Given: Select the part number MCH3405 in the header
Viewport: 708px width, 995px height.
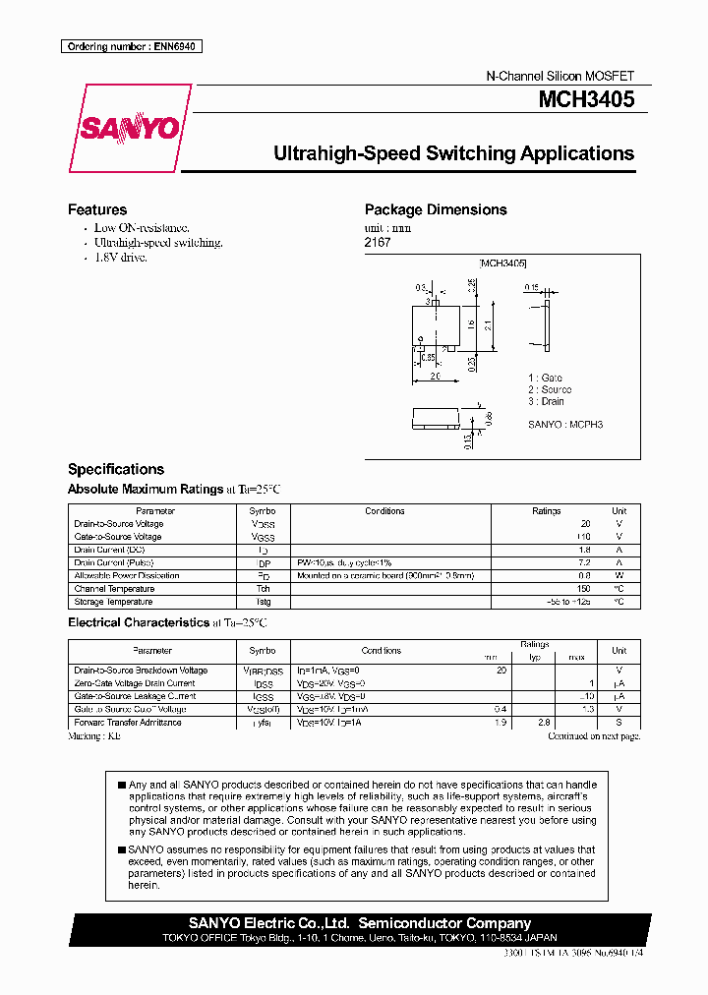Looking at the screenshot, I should (586, 99).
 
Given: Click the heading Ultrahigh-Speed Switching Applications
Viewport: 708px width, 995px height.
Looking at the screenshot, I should (453, 154).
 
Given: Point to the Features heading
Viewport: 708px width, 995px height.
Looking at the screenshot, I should (97, 209).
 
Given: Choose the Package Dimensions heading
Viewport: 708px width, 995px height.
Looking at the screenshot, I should (436, 209).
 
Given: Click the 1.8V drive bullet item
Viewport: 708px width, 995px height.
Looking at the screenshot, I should (120, 258).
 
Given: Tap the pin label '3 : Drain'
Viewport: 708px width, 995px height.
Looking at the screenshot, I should (546, 401).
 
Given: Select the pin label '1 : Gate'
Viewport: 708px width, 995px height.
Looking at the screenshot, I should (545, 378).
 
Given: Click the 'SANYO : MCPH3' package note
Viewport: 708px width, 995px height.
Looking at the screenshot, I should (565, 424).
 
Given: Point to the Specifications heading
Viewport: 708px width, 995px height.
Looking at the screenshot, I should (116, 469).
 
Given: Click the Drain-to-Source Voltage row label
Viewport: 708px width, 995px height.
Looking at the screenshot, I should (119, 524).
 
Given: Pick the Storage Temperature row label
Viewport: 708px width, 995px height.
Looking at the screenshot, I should (113, 602).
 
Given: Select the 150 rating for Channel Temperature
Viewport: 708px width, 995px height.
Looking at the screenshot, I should (584, 589).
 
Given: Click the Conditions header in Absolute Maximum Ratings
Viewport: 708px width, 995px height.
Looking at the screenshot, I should (384, 511).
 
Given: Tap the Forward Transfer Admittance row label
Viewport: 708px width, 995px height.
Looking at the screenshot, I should (128, 723).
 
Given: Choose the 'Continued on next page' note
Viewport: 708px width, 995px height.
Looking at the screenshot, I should (594, 735).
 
